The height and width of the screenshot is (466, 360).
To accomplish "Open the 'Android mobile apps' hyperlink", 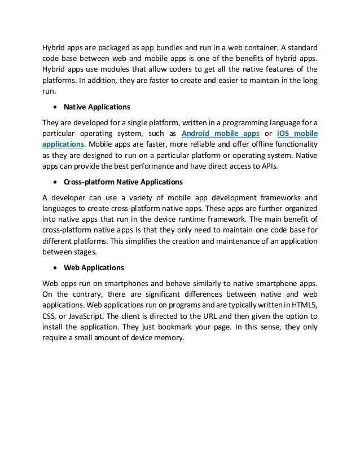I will [x=221, y=133].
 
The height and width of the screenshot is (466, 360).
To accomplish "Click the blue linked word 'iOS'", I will [x=284, y=133].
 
